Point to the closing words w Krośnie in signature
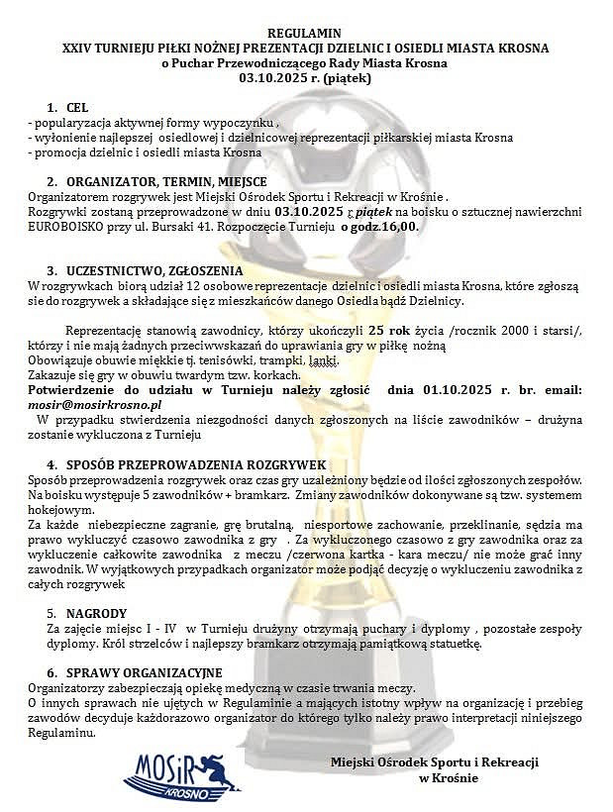(449, 778)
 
